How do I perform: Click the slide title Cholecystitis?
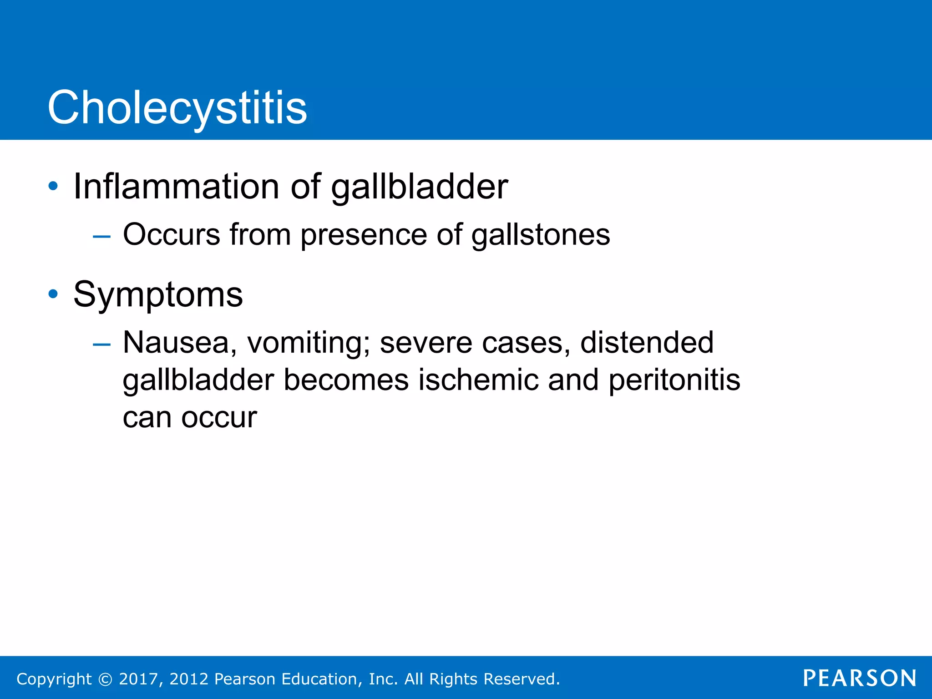177,108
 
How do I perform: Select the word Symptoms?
158,295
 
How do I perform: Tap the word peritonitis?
674,380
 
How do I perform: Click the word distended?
647,343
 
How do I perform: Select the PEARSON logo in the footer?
860,678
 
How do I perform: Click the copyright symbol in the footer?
105,679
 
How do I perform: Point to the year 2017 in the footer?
138,679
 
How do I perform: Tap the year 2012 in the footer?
189,679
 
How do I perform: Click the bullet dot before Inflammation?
53,186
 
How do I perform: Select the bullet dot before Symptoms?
53,294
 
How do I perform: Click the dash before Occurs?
101,236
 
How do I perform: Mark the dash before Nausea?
101,344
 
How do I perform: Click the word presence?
363,235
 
